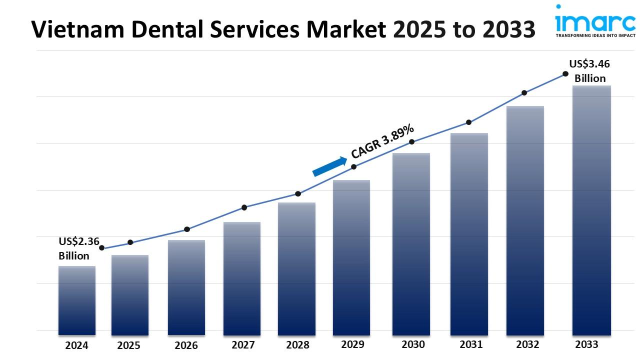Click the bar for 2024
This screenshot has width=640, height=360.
click(76, 300)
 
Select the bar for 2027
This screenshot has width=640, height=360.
click(242, 278)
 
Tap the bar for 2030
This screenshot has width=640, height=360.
click(411, 243)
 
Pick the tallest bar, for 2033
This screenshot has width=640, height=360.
click(591, 210)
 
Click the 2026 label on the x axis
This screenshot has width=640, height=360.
click(186, 345)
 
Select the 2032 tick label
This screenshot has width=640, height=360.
click(527, 344)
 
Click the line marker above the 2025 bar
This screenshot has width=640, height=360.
click(130, 242)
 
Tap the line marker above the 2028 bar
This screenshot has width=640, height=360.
click(298, 193)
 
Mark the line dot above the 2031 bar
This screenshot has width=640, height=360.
click(469, 122)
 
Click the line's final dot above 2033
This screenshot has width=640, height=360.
click(565, 73)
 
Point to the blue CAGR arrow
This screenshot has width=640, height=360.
click(329, 166)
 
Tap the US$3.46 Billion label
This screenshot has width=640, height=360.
click(590, 71)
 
